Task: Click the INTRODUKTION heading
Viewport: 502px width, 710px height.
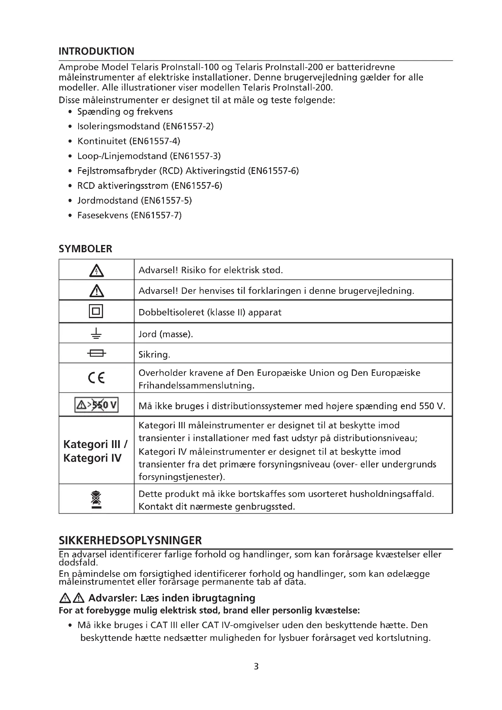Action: [97, 51]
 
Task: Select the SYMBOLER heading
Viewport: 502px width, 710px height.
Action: [85, 249]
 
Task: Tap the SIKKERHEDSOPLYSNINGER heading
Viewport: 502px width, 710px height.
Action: [130, 540]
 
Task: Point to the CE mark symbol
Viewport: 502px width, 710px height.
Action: [97, 378]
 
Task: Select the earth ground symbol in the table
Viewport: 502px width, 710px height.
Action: [97, 333]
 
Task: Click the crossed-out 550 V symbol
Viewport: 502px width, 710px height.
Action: [97, 405]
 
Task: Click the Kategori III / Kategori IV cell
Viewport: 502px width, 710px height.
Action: [96, 451]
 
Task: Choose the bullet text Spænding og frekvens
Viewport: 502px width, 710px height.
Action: [125, 112]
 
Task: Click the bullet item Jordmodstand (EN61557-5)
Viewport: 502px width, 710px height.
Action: [134, 201]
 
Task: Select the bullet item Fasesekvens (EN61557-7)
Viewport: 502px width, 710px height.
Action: [129, 215]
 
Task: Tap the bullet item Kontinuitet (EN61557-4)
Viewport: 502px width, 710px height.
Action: [129, 141]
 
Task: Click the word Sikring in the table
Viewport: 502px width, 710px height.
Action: [154, 354]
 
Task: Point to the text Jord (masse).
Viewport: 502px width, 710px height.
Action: [165, 334]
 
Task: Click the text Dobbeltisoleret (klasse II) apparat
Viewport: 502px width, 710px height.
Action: [210, 312]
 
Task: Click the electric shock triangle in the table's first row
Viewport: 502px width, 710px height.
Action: [97, 270]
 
